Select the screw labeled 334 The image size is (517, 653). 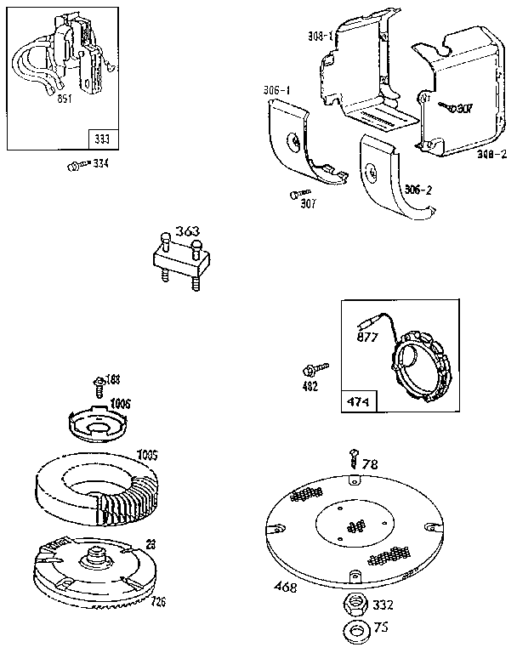(74, 164)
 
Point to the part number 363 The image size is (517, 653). (187, 230)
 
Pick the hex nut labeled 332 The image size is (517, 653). (353, 605)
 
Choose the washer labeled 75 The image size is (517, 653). (353, 633)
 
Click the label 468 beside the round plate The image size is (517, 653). (285, 587)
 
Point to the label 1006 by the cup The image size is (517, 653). (119, 403)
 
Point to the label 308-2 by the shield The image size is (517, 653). (491, 154)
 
